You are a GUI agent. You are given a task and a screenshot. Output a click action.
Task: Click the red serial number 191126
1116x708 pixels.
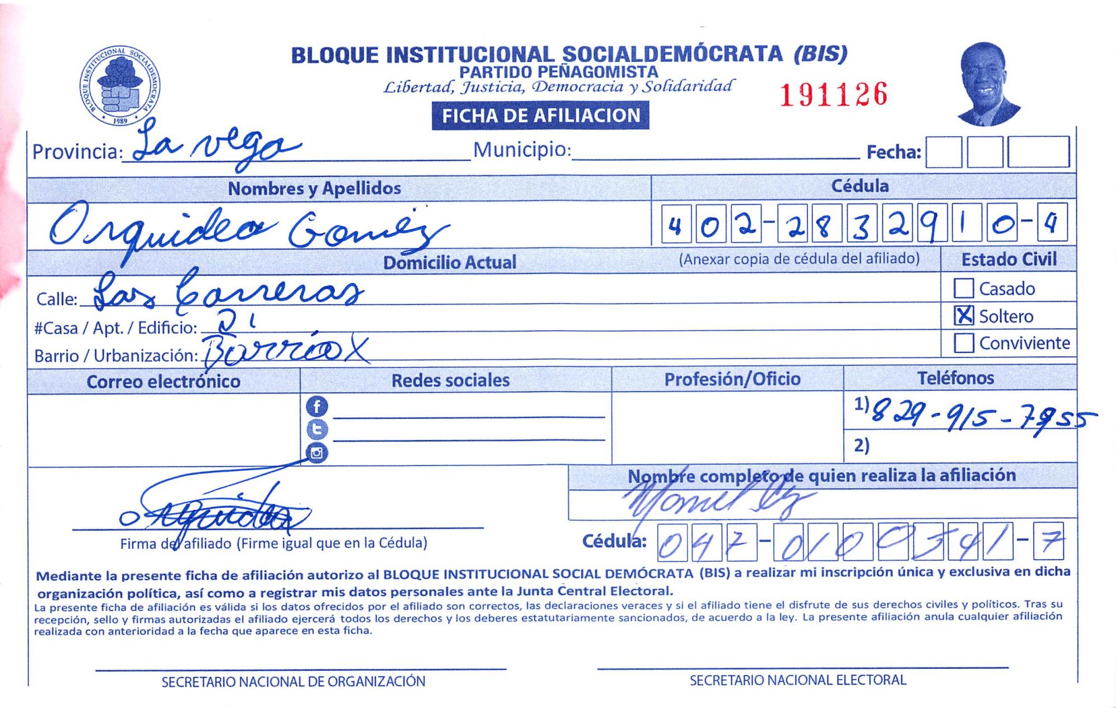click(x=833, y=95)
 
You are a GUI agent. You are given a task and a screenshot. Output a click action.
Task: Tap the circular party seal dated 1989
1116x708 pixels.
click(x=120, y=85)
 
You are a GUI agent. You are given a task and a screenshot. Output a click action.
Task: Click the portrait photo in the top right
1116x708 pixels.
click(x=987, y=84)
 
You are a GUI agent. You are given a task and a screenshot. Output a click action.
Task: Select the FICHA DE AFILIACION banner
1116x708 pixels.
click(x=540, y=115)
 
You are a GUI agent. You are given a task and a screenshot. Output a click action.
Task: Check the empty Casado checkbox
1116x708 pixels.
click(x=964, y=288)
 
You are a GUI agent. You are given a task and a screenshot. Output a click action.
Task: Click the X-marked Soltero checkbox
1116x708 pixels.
click(x=964, y=316)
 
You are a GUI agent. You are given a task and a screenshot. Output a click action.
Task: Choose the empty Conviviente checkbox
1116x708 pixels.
click(x=964, y=343)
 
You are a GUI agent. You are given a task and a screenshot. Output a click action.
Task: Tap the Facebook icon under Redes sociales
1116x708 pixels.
click(x=317, y=406)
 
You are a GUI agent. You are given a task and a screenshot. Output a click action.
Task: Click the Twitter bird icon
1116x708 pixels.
click(x=317, y=430)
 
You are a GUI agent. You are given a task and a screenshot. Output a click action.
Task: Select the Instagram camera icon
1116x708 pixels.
click(x=317, y=452)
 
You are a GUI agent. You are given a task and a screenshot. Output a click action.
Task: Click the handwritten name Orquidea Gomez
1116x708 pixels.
click(x=246, y=229)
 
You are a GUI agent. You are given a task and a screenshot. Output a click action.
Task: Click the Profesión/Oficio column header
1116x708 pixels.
click(x=732, y=379)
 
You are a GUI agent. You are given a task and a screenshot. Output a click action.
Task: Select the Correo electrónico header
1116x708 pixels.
click(x=163, y=382)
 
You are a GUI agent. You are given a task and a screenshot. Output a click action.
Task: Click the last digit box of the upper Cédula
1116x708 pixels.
click(x=1051, y=223)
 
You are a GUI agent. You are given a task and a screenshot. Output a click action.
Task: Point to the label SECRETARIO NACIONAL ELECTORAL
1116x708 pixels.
click(x=798, y=680)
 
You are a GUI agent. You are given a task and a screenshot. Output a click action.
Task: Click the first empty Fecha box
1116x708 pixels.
click(x=944, y=152)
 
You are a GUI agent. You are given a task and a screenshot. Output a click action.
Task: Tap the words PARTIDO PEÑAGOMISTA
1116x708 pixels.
click(x=559, y=72)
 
